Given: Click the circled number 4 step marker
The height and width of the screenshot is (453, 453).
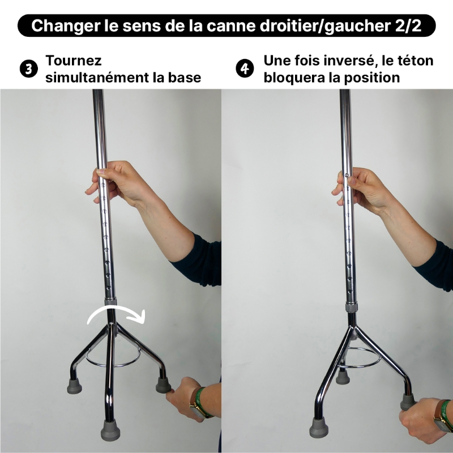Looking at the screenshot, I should click(244, 69).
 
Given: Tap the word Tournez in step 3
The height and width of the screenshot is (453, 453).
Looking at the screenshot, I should click(74, 61).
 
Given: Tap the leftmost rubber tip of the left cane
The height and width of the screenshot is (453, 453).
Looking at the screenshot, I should click(74, 387).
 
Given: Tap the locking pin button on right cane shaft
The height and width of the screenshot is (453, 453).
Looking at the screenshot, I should click(347, 175).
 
